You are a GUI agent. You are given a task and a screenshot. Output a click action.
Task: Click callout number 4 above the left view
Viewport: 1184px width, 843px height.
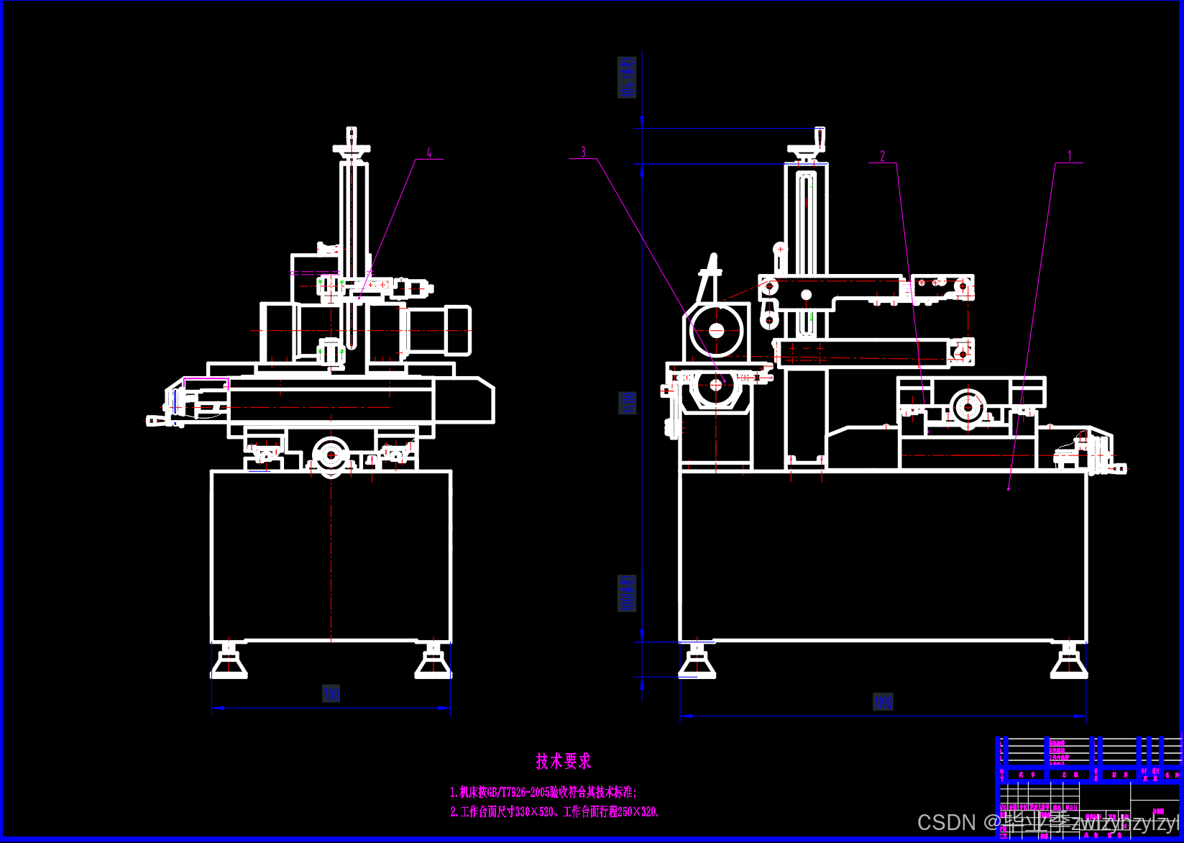click(x=429, y=153)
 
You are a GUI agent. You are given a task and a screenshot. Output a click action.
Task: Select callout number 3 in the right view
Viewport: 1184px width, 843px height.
click(x=583, y=152)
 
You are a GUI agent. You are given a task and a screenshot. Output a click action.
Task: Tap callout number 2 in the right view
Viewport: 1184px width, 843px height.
click(x=882, y=156)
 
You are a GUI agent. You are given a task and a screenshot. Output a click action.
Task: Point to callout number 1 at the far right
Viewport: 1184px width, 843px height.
click(x=1069, y=156)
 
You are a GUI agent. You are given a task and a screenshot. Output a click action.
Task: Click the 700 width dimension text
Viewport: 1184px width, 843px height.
click(x=331, y=694)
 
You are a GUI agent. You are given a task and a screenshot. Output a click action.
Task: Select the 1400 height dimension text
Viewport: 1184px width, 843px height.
click(x=628, y=403)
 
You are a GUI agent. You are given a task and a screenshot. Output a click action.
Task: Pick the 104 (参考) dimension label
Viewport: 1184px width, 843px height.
click(x=628, y=77)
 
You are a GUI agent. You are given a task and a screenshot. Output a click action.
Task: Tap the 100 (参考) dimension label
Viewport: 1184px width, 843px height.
click(x=628, y=593)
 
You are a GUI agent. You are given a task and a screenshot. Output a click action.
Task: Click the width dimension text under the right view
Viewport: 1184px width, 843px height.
click(x=883, y=702)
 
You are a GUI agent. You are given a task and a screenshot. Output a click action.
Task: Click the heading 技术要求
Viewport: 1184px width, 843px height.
click(x=563, y=761)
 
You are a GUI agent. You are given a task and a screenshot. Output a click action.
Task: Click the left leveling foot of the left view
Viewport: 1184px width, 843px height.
click(x=229, y=662)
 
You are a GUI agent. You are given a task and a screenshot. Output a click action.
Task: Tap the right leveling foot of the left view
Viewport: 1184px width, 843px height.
click(x=433, y=662)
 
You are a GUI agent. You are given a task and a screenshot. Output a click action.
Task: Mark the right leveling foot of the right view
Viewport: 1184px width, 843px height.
click(x=1069, y=662)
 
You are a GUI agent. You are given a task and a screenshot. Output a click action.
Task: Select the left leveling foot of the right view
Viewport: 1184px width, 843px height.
click(x=697, y=662)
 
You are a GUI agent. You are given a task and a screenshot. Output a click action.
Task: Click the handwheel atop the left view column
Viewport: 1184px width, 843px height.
click(x=352, y=148)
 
